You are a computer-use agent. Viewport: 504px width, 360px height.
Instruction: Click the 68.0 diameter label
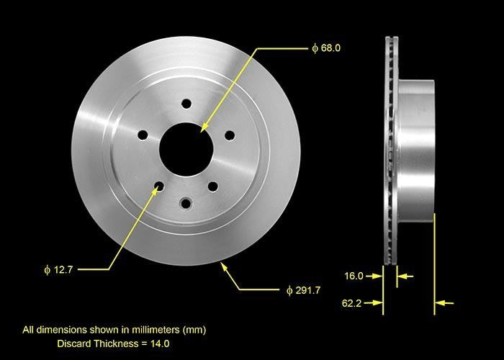coord(328,48)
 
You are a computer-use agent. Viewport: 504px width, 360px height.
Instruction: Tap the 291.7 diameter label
coord(305,290)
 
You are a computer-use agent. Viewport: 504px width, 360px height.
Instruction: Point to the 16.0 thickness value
coord(354,275)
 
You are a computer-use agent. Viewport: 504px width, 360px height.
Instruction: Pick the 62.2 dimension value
coord(354,304)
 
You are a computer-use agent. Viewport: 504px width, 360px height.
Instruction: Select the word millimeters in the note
coord(147,330)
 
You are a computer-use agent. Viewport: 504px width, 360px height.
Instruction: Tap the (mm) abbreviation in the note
coord(194,330)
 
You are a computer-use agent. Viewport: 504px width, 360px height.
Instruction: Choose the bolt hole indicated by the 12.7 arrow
coord(158,186)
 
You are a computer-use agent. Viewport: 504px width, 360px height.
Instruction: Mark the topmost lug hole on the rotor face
coord(185,104)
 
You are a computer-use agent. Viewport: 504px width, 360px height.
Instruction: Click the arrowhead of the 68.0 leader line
coord(204,127)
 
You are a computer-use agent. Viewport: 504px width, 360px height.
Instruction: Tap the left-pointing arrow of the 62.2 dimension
coord(446,304)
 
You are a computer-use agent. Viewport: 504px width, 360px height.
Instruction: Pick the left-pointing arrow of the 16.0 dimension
coord(403,275)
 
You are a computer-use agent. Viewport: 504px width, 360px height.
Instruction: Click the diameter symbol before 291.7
coord(289,290)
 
